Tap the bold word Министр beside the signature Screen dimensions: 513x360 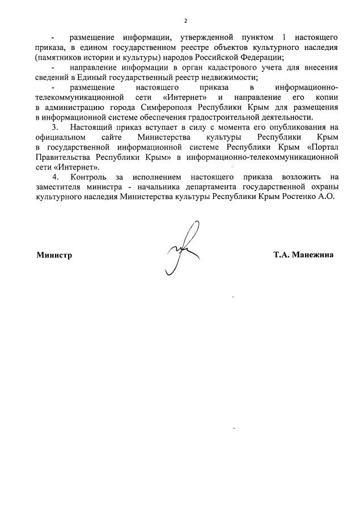54,255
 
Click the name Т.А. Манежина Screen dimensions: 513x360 303,255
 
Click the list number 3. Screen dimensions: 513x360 54,127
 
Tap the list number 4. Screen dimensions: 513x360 54,176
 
